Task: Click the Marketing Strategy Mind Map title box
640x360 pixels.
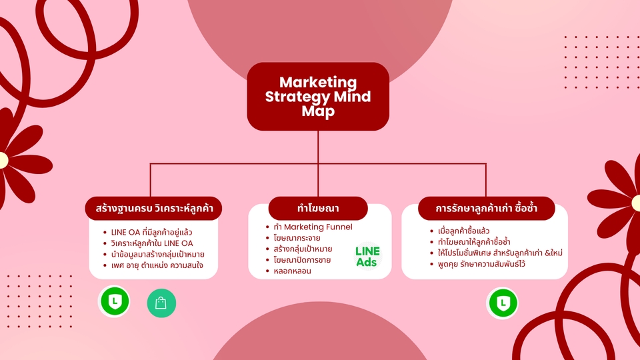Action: (x=318, y=96)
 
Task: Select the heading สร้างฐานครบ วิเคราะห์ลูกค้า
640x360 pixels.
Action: (x=154, y=208)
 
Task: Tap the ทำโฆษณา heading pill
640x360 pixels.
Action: (x=318, y=208)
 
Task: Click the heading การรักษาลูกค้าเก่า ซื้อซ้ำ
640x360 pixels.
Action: (x=486, y=208)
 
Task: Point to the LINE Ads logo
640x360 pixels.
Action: (x=367, y=257)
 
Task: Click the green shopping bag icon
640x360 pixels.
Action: (x=161, y=303)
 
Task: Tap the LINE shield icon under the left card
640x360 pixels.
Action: (x=114, y=301)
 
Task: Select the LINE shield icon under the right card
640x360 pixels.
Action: (x=503, y=303)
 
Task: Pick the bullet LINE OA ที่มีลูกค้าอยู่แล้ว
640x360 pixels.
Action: (x=153, y=232)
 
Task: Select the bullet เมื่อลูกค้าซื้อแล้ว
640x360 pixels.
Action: (x=460, y=231)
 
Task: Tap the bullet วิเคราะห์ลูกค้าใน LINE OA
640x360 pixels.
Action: (x=152, y=243)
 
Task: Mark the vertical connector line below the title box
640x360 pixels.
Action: (x=318, y=147)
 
